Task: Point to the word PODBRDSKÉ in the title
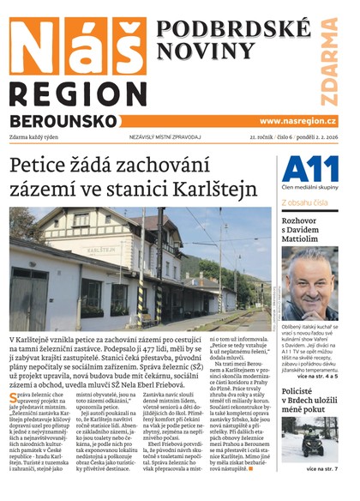point(222,28)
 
